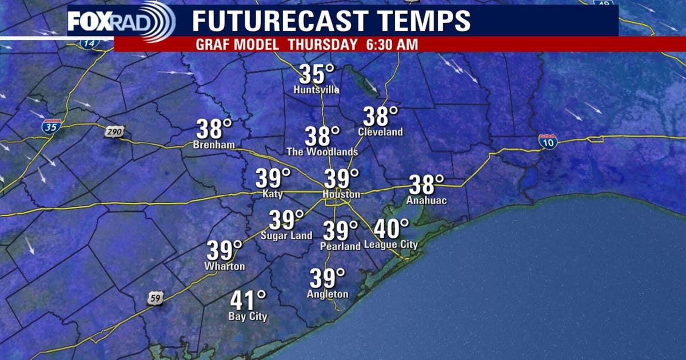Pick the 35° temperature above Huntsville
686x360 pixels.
point(317,75)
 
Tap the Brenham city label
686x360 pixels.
point(214,145)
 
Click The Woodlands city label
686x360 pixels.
point(322,152)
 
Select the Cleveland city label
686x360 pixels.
point(380,132)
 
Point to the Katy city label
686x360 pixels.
point(272,194)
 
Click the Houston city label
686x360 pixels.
point(341,195)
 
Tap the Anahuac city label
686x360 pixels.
point(425,201)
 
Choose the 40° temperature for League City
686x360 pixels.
point(392,229)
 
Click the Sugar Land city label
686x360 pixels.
point(286,235)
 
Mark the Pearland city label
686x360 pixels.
point(341,246)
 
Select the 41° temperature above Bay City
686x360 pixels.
point(248,301)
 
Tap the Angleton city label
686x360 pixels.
point(328,294)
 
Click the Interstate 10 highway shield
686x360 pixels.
point(548,142)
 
